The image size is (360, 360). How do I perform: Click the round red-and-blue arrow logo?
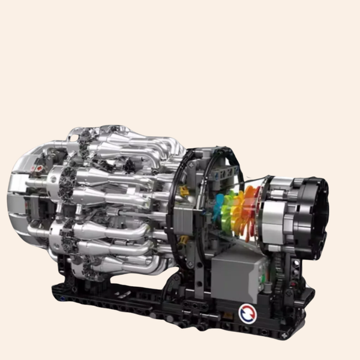click(x=247, y=313)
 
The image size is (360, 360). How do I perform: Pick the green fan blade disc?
click(x=228, y=213)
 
